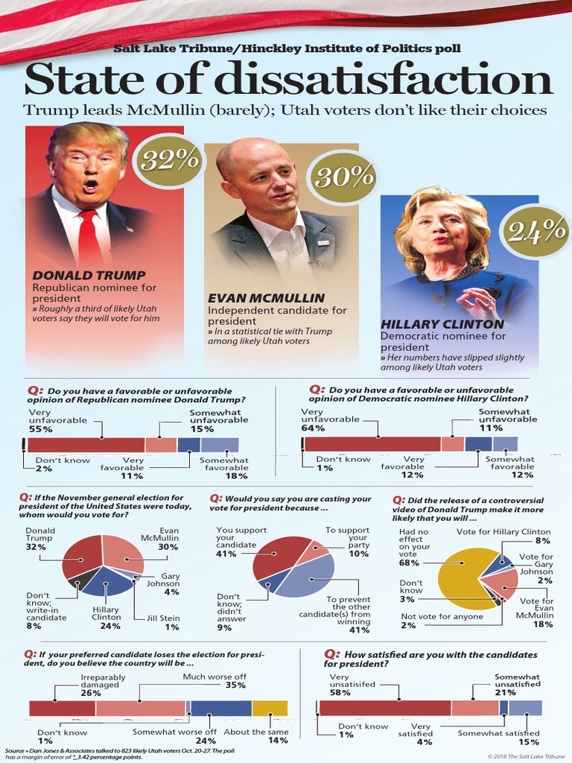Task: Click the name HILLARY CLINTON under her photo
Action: tap(442, 324)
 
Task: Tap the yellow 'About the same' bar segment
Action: tap(270, 708)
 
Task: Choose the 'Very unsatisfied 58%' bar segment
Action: tap(384, 708)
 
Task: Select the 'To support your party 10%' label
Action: tap(347, 542)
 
